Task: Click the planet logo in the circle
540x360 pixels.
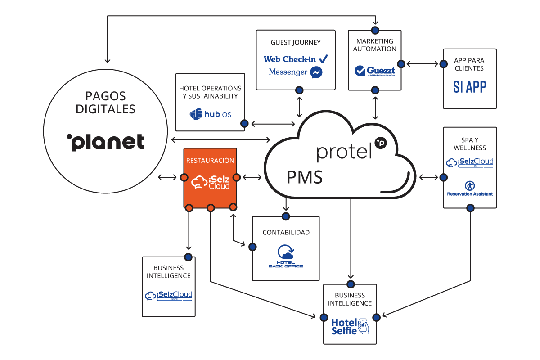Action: pos(105,142)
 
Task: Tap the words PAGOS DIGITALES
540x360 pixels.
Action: pos(106,102)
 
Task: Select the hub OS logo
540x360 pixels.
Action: pos(211,114)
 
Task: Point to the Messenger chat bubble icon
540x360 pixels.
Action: pos(316,72)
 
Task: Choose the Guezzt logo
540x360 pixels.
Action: pos(375,71)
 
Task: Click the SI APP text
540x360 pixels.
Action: pos(469,87)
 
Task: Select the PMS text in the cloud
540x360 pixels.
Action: pos(305,177)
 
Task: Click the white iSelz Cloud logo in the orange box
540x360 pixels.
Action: pos(211,182)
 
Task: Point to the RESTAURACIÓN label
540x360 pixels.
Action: pos(210,160)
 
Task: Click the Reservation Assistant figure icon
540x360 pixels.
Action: pos(469,185)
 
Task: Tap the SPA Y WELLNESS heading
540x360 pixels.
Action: pos(470,144)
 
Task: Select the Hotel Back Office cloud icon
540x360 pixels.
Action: pos(285,252)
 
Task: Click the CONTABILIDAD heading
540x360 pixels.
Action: pos(286,233)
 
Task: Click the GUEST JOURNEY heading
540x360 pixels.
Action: pos(296,42)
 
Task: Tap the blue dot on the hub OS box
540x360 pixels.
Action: pos(244,123)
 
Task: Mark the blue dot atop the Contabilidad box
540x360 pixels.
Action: pos(285,216)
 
